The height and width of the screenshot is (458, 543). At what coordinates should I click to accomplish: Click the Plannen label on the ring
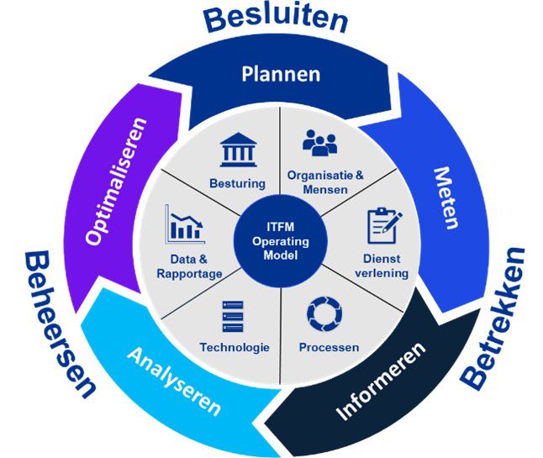(281, 74)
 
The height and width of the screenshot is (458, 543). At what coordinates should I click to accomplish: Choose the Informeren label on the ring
(381, 380)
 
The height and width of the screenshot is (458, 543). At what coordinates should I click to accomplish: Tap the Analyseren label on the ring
(174, 381)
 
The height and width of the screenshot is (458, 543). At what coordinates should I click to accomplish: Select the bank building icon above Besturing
(239, 150)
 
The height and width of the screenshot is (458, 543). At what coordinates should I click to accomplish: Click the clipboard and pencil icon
(384, 226)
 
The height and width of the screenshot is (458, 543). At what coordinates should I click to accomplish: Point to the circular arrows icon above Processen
(324, 313)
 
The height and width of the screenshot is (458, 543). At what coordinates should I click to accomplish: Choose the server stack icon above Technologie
(233, 316)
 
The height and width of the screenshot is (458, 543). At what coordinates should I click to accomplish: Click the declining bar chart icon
(185, 224)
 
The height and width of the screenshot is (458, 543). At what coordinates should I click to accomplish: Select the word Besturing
(238, 182)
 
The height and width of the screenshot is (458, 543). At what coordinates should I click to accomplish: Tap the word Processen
(329, 347)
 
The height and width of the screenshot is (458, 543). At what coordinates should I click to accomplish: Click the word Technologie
(235, 347)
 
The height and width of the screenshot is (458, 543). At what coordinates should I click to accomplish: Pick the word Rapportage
(189, 274)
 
